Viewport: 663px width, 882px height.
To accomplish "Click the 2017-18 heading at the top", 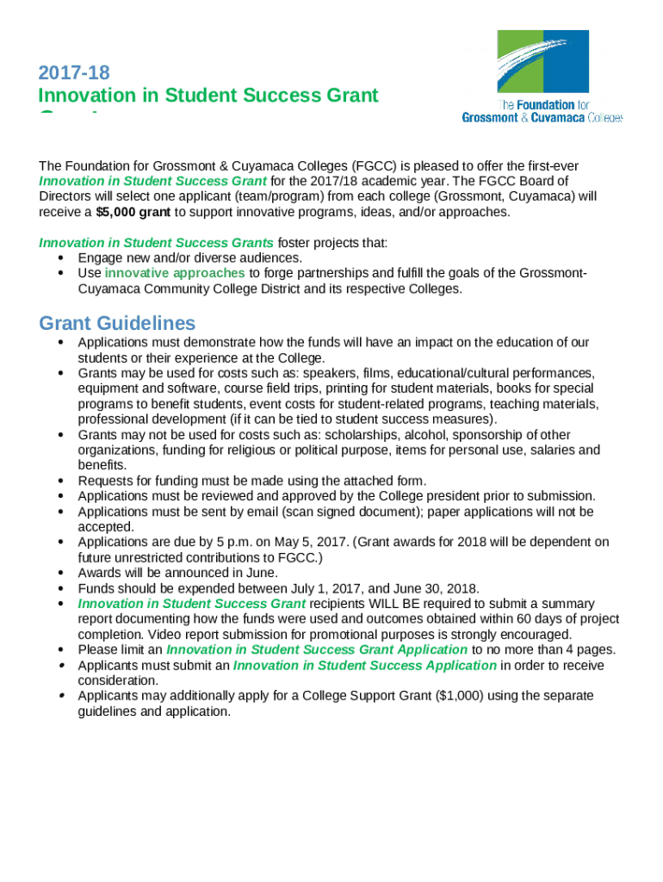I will [74, 72].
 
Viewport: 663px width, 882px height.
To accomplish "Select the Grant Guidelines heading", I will [117, 323].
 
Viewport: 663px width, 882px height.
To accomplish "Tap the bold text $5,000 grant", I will [133, 212].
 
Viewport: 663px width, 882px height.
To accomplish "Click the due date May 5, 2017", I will [307, 542].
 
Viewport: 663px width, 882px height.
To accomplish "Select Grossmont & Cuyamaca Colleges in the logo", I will [542, 117].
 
